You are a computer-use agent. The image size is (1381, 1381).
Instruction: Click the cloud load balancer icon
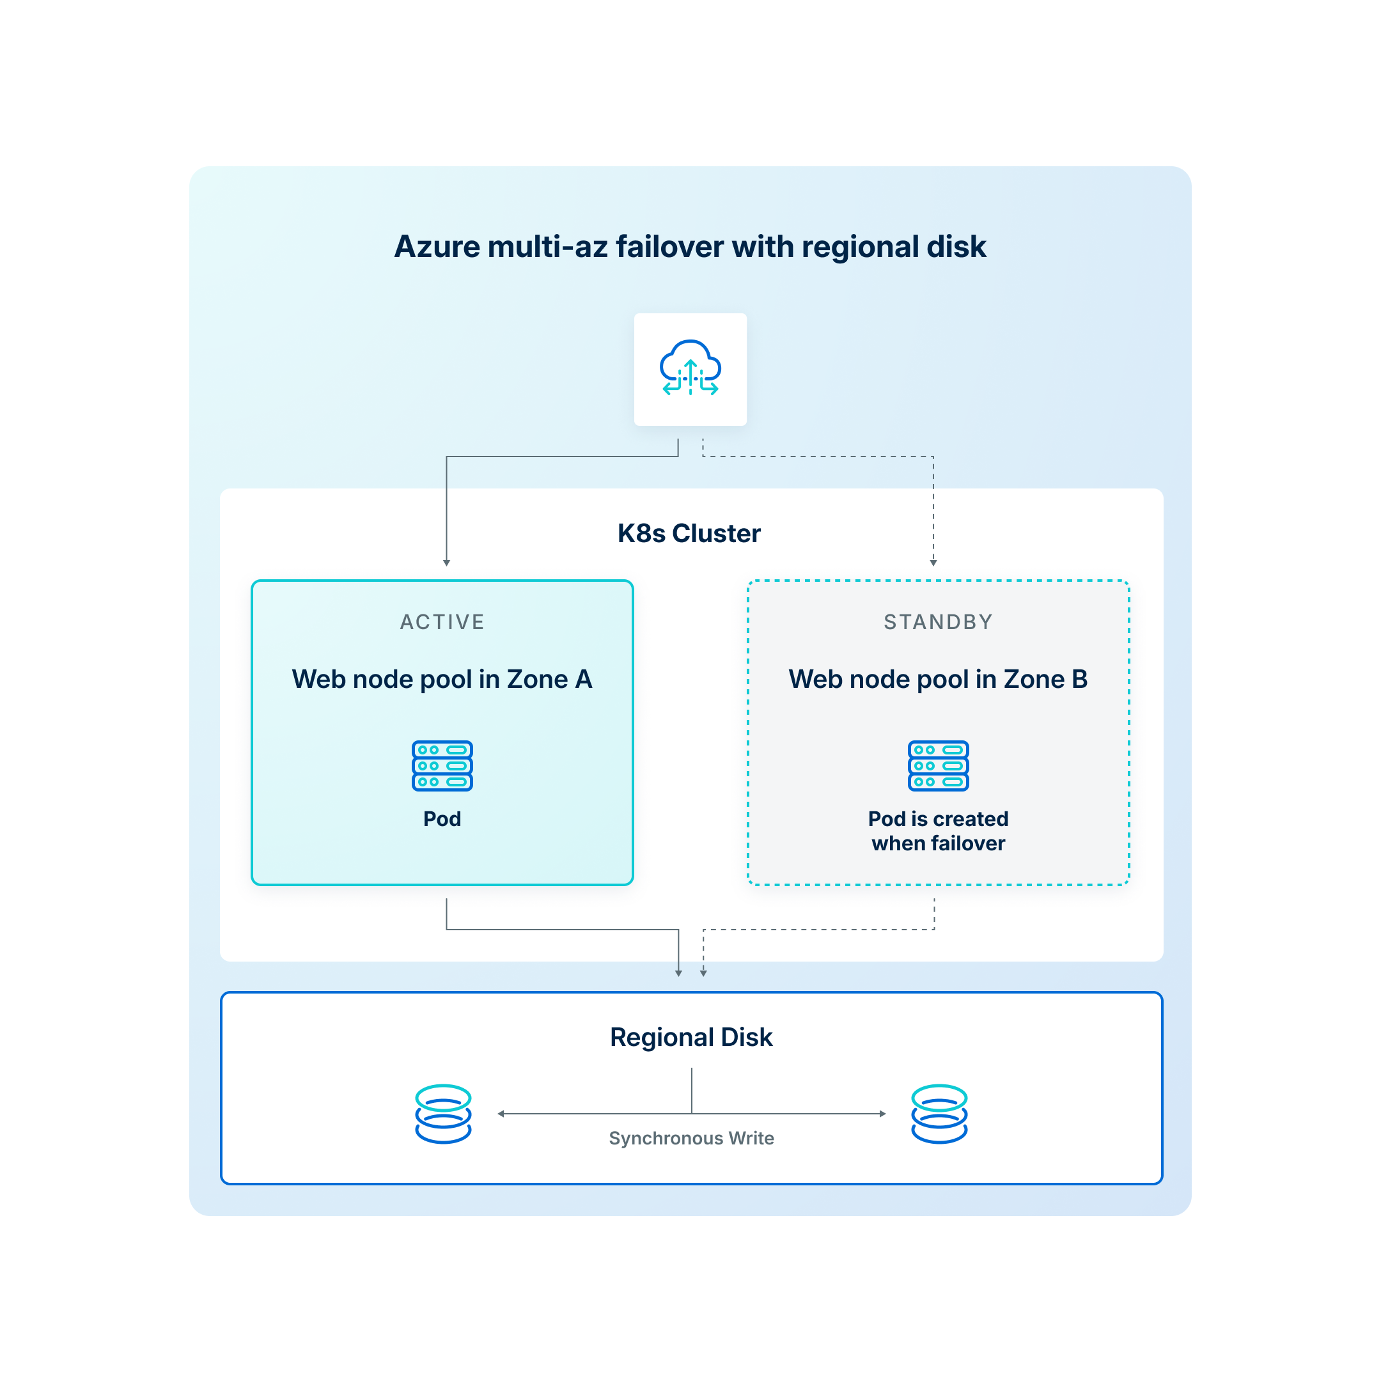(x=690, y=368)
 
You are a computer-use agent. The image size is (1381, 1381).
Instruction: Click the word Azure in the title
(x=437, y=247)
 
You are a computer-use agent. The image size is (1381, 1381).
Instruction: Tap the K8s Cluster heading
(x=689, y=533)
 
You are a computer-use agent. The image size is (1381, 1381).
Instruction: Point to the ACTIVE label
(x=442, y=622)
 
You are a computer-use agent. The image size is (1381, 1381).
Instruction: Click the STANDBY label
(x=938, y=622)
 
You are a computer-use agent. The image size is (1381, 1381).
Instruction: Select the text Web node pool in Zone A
(x=442, y=679)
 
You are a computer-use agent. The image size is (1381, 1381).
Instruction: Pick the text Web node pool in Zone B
(x=938, y=679)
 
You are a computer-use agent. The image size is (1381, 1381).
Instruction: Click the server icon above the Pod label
(x=442, y=765)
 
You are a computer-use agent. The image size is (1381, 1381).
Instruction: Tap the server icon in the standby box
(x=938, y=765)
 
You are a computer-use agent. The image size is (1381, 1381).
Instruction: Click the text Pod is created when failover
(x=938, y=831)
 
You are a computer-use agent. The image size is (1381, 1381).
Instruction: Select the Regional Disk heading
(x=690, y=1037)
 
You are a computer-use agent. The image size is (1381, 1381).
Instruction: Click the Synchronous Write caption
(x=690, y=1138)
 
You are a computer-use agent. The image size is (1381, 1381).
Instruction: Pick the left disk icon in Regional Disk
(x=443, y=1114)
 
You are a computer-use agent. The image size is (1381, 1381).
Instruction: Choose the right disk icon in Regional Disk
(x=939, y=1114)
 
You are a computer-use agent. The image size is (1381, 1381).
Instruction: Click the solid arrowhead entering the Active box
(x=447, y=563)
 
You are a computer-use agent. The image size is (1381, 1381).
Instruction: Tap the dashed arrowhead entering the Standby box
(x=933, y=563)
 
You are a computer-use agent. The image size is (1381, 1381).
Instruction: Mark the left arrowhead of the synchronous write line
(x=501, y=1114)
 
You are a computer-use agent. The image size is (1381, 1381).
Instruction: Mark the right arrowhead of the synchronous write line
(x=883, y=1114)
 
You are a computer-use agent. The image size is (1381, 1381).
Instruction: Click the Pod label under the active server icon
(x=442, y=819)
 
